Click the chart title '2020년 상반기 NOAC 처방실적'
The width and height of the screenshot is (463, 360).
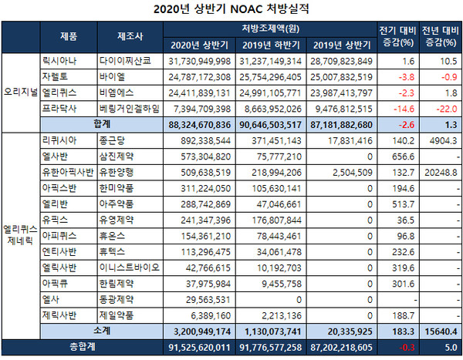click(231, 10)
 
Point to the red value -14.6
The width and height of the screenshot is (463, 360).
click(404, 108)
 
